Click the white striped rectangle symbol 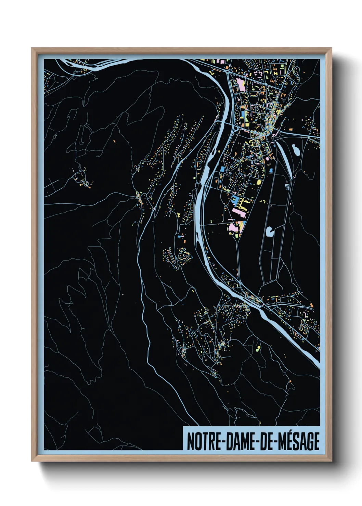pyautogui.click(x=287, y=187)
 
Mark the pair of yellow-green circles pyautogui.click(x=258, y=348)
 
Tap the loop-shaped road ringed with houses pyautogui.click(x=185, y=255)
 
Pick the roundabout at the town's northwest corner pyautogui.click(x=227, y=72)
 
